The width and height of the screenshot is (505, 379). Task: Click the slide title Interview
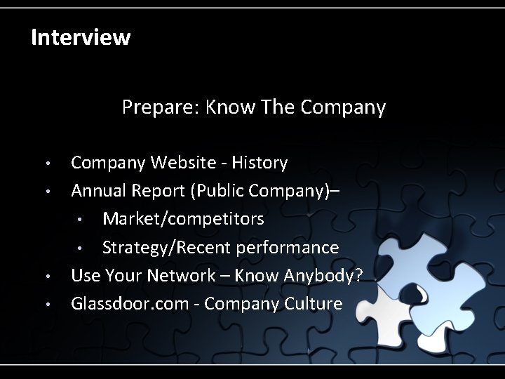[x=81, y=37]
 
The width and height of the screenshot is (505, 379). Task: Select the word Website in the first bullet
[x=180, y=163]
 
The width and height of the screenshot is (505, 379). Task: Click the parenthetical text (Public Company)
[x=259, y=191]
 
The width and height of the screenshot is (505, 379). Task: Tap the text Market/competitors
[x=183, y=219]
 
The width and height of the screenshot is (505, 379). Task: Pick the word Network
[x=182, y=275]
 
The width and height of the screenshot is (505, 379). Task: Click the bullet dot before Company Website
[x=47, y=164]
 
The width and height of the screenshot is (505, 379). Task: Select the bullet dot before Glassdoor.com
[x=47, y=305]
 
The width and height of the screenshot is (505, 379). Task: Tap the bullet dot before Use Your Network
[x=47, y=277]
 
